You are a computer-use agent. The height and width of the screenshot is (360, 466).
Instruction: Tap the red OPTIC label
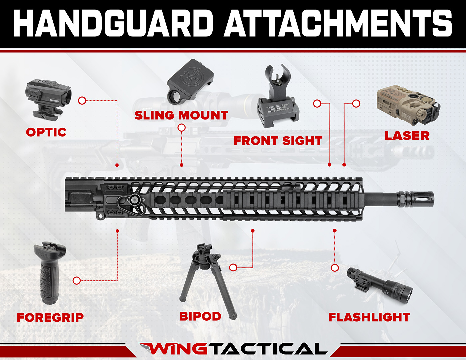point(46,132)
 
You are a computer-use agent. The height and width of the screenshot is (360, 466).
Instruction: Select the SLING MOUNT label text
point(181,115)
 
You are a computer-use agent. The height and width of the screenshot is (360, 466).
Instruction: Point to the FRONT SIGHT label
point(278,141)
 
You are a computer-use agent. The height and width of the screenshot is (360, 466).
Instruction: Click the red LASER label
point(407,136)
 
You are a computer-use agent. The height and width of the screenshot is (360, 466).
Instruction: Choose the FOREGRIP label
point(50,317)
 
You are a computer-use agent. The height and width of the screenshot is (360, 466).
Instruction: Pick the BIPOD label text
point(200,316)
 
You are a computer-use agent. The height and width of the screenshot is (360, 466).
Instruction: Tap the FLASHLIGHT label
point(369,317)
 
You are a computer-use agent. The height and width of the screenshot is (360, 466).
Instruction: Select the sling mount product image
point(186,82)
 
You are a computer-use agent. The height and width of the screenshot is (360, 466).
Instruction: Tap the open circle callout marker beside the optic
point(82,100)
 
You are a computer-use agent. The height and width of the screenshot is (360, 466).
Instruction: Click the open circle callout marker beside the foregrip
point(77,280)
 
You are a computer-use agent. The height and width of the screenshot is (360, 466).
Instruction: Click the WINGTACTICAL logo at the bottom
point(233,349)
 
